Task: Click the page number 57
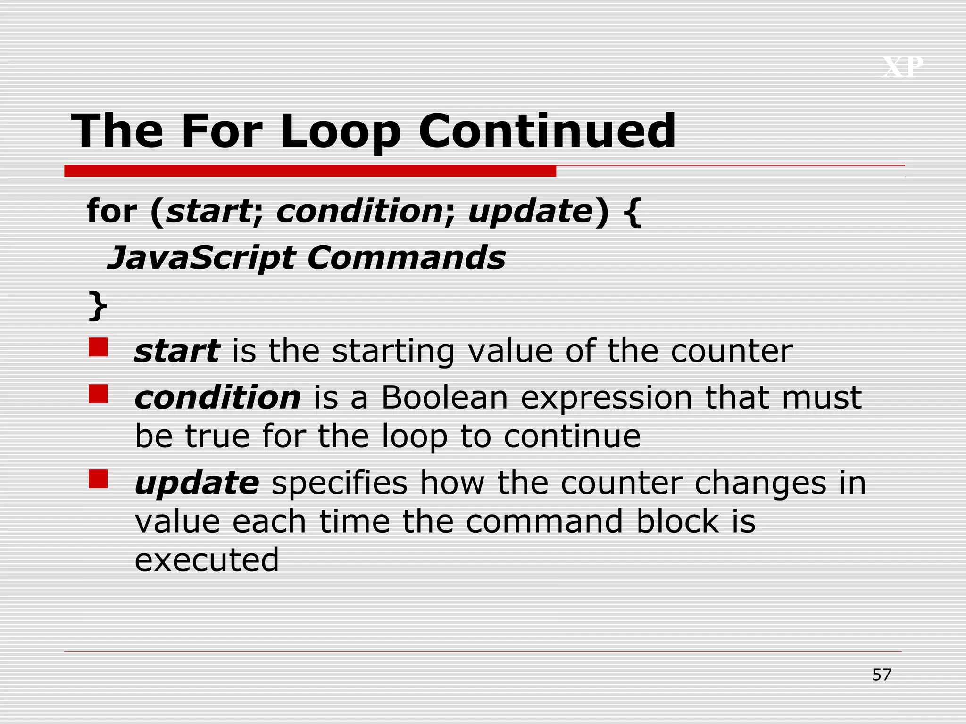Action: [882, 675]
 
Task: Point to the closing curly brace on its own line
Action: [98, 306]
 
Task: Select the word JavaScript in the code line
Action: [201, 258]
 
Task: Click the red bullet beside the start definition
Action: [98, 347]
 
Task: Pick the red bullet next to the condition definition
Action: [98, 394]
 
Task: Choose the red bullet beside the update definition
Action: [98, 479]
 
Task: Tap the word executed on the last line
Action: [207, 560]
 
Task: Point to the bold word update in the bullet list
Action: [197, 484]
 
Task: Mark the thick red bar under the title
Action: [310, 171]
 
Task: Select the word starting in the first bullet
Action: [393, 352]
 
